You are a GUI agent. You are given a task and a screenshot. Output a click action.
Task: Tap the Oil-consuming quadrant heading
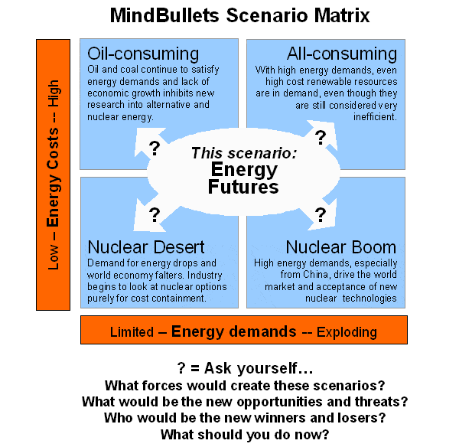[143, 54]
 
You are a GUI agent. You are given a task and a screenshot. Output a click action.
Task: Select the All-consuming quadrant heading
[342, 54]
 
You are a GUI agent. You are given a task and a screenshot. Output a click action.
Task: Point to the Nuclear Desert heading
[146, 247]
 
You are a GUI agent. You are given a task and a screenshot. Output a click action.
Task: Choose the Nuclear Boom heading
[341, 247]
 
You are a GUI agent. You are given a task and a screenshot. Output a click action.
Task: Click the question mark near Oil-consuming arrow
[153, 147]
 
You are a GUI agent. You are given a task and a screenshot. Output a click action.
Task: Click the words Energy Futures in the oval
[246, 178]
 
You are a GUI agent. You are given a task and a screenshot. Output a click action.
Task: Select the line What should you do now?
[246, 435]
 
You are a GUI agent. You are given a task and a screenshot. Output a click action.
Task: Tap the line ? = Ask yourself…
[245, 368]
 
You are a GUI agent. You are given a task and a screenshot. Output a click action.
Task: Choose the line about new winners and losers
[245, 418]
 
